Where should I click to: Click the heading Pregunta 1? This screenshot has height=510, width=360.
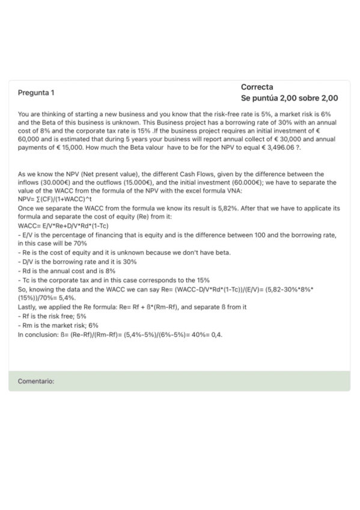click(35, 93)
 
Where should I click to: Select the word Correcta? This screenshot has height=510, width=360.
click(257, 87)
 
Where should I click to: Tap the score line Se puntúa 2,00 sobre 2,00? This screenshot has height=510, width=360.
click(289, 98)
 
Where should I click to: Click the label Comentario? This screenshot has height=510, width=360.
click(36, 381)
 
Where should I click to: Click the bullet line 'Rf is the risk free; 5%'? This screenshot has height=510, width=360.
click(52, 315)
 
